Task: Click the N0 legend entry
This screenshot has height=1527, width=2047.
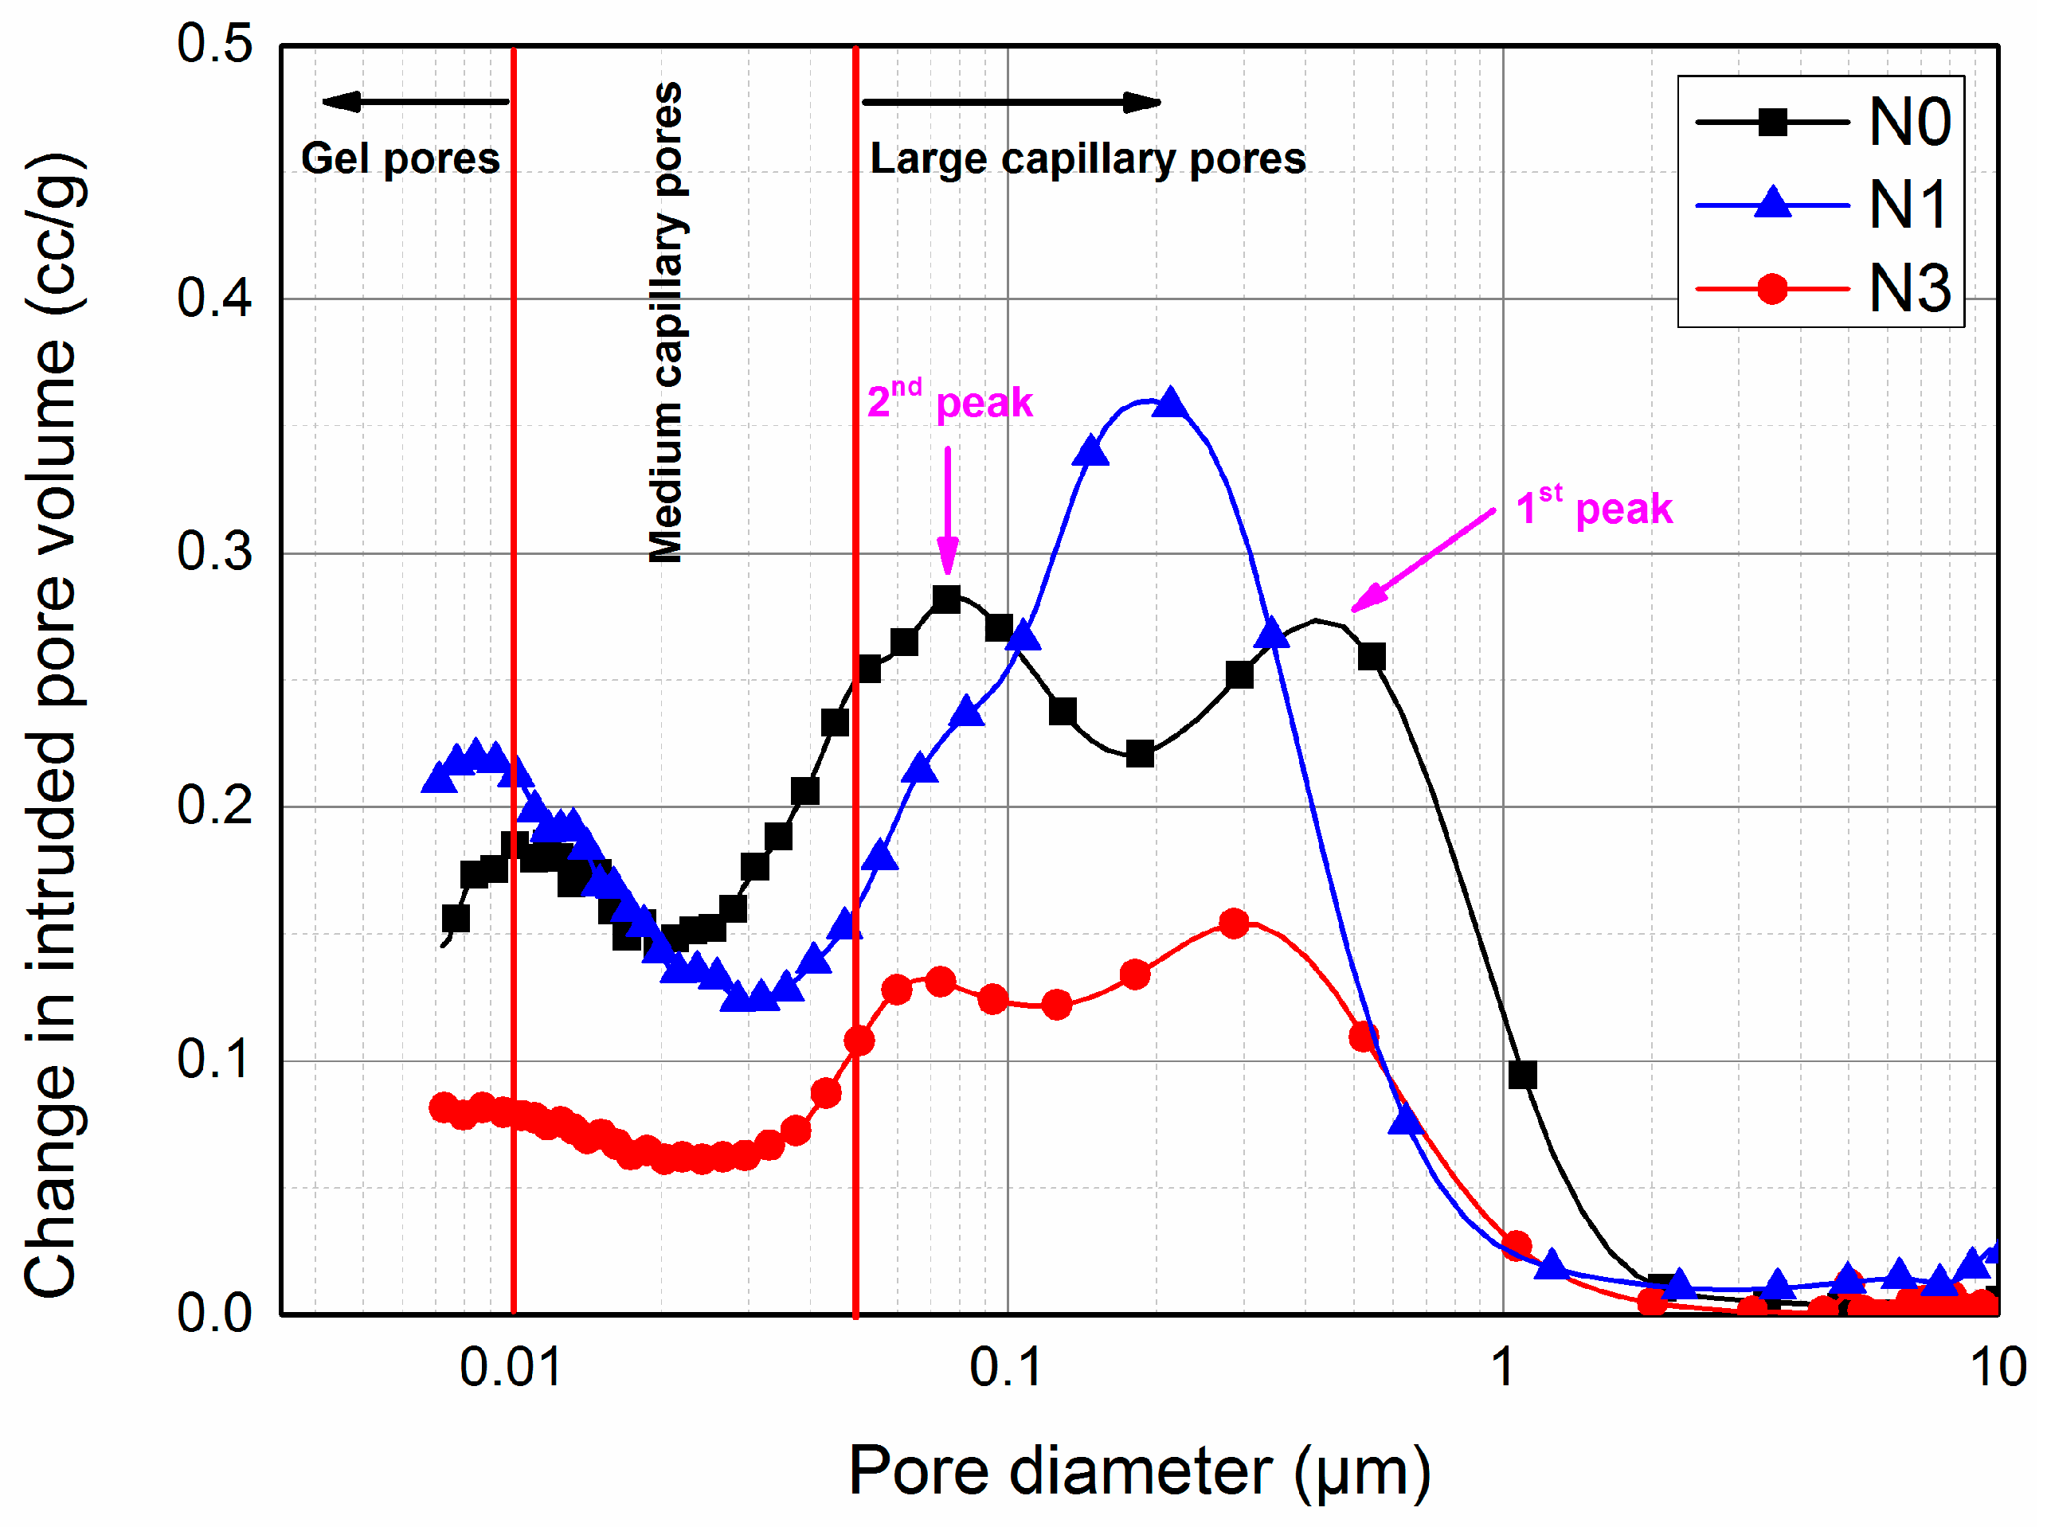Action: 1822,122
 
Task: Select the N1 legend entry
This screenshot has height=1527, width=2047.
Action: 1822,205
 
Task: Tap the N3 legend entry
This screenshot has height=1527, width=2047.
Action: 1822,288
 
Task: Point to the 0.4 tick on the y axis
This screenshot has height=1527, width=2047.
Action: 214,299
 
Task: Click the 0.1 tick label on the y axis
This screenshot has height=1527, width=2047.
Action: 214,1060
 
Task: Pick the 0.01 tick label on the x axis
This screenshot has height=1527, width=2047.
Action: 511,1368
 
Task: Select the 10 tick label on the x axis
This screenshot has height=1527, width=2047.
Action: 1997,1368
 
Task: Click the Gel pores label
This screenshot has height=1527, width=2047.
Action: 401,158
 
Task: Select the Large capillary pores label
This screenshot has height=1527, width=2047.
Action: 1087,158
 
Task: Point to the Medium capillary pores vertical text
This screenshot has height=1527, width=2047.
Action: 665,322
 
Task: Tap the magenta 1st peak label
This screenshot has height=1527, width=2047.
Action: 1593,507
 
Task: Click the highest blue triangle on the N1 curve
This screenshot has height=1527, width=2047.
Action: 1171,403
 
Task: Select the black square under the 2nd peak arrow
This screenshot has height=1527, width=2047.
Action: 945,598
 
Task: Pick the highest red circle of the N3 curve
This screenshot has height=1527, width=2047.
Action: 1234,923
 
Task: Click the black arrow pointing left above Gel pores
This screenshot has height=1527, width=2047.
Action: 414,102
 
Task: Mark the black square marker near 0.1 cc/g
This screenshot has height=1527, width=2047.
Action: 1522,1074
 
